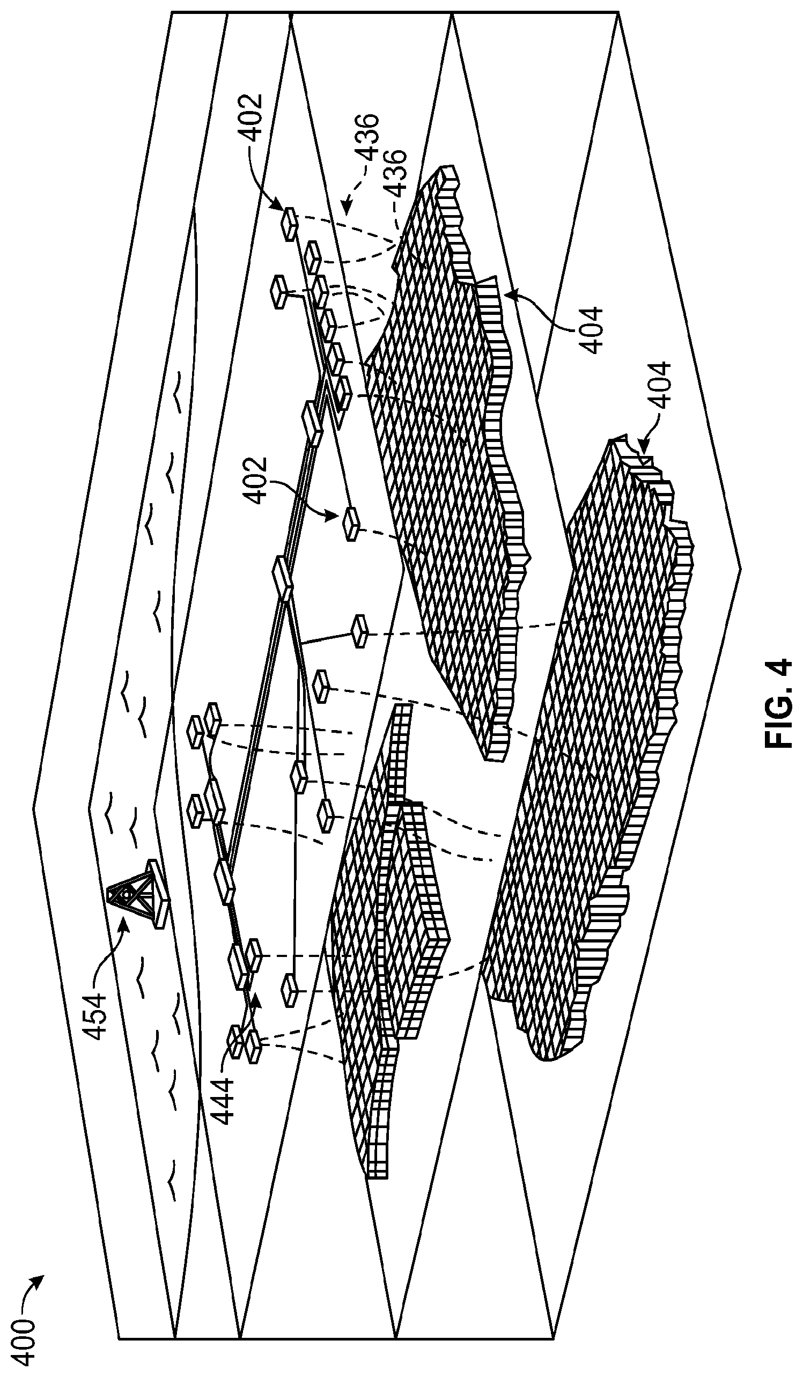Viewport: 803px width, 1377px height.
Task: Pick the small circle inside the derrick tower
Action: (x=127, y=895)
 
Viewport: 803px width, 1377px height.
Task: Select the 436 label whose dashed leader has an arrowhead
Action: (x=368, y=137)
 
